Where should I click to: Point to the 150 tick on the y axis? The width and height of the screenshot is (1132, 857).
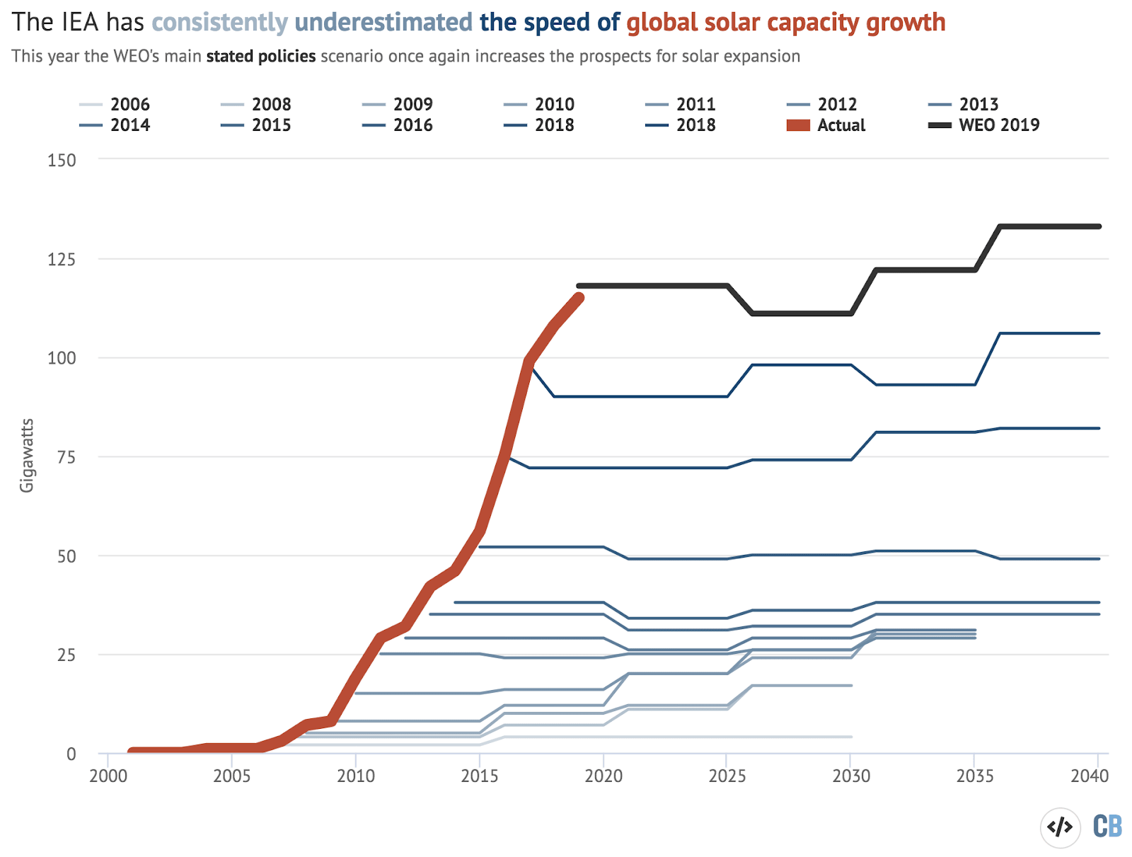(62, 160)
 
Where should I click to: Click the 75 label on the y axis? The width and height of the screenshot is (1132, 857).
(67, 457)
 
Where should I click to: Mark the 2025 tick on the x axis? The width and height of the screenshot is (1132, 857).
(727, 776)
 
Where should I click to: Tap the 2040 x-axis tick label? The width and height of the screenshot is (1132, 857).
(1090, 776)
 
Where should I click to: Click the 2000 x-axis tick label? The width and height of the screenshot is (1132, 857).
(108, 776)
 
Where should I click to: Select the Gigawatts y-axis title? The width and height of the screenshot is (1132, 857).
(27, 456)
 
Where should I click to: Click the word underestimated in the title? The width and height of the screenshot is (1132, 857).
(383, 23)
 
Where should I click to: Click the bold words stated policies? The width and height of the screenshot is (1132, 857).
(261, 57)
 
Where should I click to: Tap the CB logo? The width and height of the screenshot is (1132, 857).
(1107, 826)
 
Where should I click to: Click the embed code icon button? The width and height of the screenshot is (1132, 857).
(1060, 827)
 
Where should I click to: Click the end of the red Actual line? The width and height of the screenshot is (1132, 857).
(579, 298)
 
